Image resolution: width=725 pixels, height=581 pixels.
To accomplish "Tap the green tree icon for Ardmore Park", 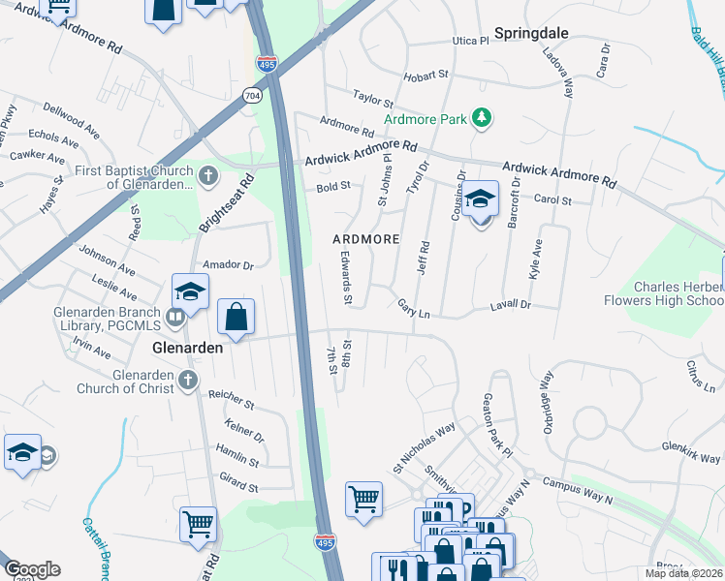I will pyautogui.click(x=479, y=119).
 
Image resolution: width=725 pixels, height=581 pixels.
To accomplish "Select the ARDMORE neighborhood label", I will pyautogui.click(x=365, y=238).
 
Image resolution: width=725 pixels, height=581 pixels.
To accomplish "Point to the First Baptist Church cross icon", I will pyautogui.click(x=209, y=176).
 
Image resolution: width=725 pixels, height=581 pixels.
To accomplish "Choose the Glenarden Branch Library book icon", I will pyautogui.click(x=175, y=316).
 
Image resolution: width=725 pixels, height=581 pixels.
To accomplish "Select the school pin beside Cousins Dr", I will pyautogui.click(x=480, y=200).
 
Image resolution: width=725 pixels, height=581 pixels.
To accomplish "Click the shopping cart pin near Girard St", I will pyautogui.click(x=198, y=524).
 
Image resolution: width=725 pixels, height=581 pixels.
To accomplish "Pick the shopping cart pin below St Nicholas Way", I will pyautogui.click(x=363, y=500).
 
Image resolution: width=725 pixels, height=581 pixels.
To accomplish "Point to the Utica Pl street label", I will pyautogui.click(x=470, y=42).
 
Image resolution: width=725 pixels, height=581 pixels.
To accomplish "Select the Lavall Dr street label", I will pyautogui.click(x=513, y=304).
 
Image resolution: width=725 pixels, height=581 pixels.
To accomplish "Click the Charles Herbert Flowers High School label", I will pyautogui.click(x=678, y=293).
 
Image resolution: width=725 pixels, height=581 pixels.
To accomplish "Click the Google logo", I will pyautogui.click(x=32, y=569).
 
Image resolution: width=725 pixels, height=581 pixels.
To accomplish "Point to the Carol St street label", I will pyautogui.click(x=553, y=200).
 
